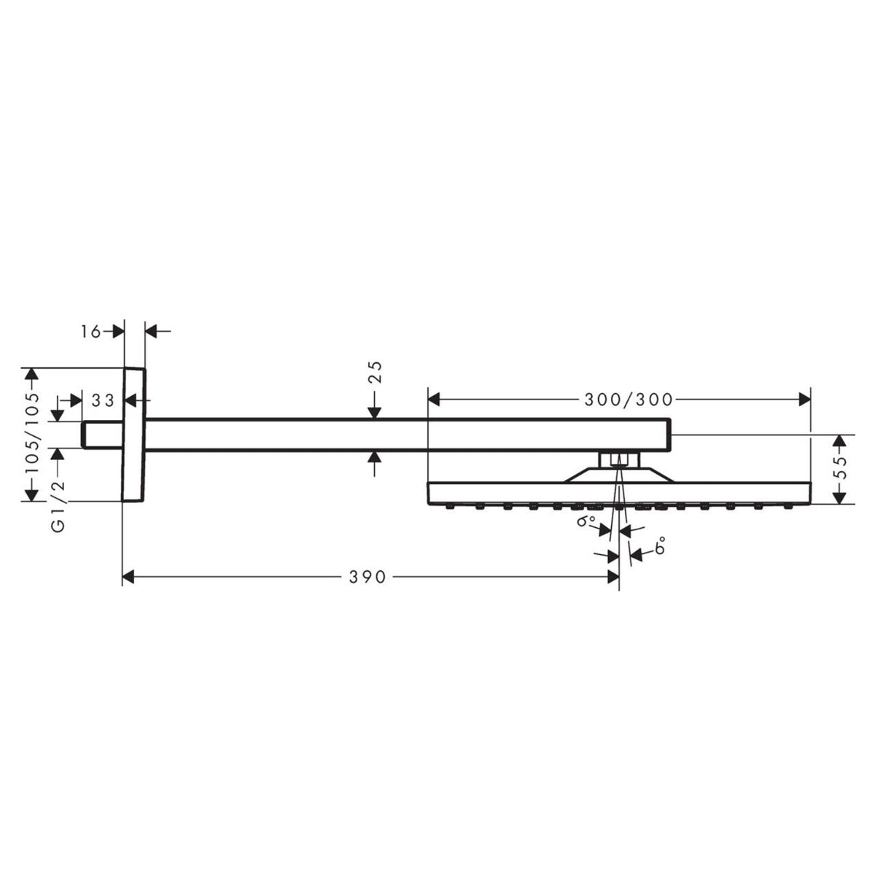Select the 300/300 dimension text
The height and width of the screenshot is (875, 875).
(629, 399)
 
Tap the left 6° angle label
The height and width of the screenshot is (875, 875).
(585, 522)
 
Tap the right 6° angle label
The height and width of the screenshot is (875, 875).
(660, 547)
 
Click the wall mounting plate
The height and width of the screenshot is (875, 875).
(134, 435)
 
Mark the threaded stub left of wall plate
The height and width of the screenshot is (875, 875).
(102, 435)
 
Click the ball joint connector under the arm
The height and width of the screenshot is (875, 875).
(619, 459)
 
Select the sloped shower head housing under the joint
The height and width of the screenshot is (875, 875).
(619, 474)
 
